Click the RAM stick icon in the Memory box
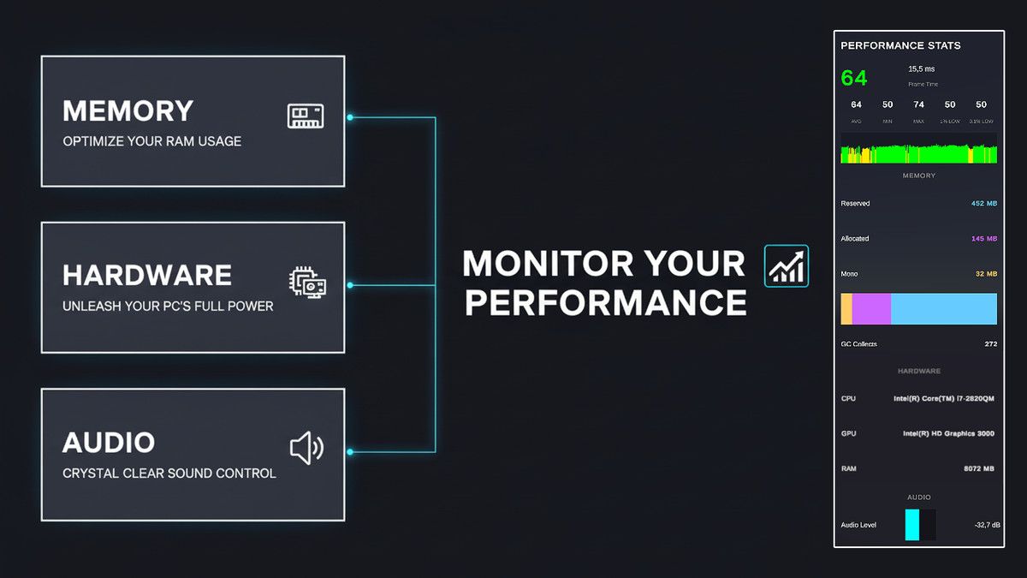coord(305,116)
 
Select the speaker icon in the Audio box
coord(306,447)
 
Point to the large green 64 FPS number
coord(854,78)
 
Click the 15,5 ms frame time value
coord(922,69)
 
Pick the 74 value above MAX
coord(918,104)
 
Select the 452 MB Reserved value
coord(984,204)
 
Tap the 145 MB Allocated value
coord(984,239)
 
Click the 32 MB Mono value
coord(987,274)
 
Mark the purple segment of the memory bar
coord(871,309)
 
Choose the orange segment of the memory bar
coord(846,309)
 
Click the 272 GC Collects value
coord(990,344)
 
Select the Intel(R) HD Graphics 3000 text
coord(948,434)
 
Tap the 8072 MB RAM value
coord(978,469)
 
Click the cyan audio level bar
coord(912,524)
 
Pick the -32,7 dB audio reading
coord(986,524)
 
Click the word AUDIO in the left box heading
coord(109,443)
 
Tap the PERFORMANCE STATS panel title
coord(900,45)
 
